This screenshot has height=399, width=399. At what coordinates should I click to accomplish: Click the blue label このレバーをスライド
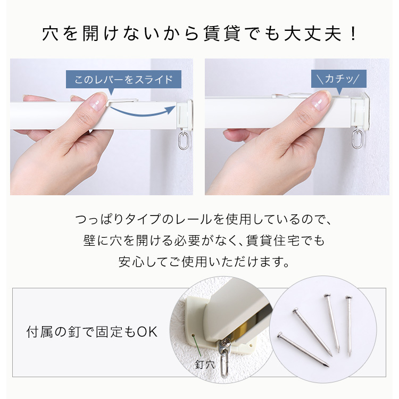(x=123, y=79)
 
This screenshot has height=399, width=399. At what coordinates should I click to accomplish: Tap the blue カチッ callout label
(x=339, y=79)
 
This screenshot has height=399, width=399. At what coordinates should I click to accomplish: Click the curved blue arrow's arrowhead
(x=171, y=110)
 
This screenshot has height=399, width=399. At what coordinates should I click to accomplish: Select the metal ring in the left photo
(x=184, y=141)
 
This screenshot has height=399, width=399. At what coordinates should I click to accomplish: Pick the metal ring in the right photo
(x=358, y=139)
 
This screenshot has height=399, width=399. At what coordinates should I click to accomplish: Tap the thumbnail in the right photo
(x=321, y=101)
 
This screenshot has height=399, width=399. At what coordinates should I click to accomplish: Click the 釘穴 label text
(x=205, y=364)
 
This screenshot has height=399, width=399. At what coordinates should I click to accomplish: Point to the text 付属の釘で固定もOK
(x=92, y=332)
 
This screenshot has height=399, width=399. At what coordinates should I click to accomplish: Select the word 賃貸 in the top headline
(x=222, y=34)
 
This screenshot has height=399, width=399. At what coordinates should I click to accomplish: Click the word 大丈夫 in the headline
(x=313, y=34)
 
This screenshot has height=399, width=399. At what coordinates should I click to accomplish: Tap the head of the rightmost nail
(x=349, y=298)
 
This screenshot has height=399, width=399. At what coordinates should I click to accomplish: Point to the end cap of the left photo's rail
(x=185, y=115)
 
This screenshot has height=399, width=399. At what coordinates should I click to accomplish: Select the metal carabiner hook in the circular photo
(x=225, y=356)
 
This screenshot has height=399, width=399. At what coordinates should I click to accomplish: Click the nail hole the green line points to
(x=193, y=336)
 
